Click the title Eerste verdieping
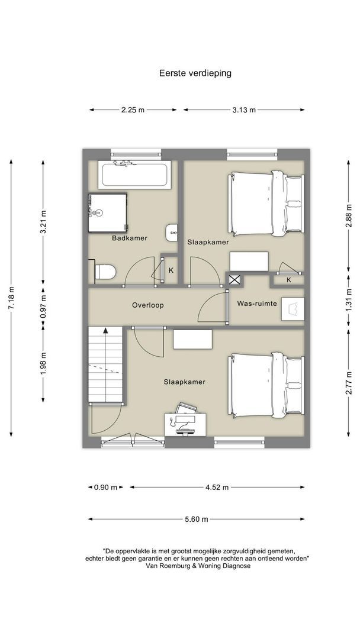(x=195, y=73)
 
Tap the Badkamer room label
(x=130, y=238)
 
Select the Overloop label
(x=148, y=305)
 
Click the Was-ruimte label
(x=257, y=304)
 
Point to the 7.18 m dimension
(x=11, y=298)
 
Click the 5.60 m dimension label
(x=197, y=519)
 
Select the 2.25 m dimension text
(x=133, y=109)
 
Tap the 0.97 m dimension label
(x=43, y=306)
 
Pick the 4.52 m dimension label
(x=217, y=487)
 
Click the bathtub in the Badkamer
(x=134, y=175)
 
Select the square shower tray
(x=108, y=213)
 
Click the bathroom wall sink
(x=172, y=233)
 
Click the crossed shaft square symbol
(x=234, y=280)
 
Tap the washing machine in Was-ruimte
(x=292, y=309)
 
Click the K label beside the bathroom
(x=171, y=270)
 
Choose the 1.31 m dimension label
(x=349, y=301)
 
